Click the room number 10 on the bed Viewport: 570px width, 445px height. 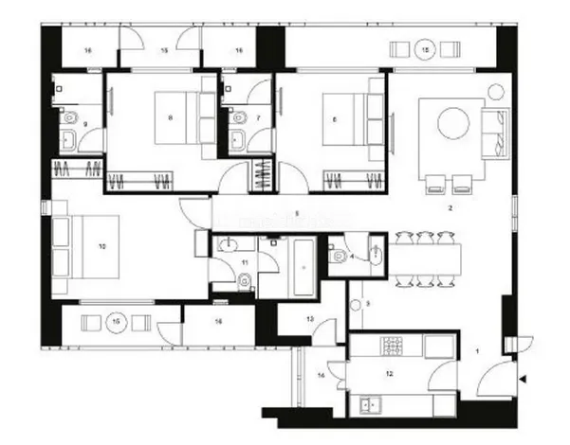tap(101, 246)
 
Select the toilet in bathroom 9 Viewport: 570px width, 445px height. tap(68, 119)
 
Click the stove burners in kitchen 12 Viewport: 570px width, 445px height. tap(395, 346)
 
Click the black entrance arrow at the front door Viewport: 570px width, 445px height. tap(523, 381)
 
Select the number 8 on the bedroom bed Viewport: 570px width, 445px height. tap(170, 117)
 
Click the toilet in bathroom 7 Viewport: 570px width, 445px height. tap(238, 118)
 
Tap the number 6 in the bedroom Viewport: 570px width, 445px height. tap(335, 117)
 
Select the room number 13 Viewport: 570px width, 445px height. tap(310, 319)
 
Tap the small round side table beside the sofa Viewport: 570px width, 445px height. tap(495, 91)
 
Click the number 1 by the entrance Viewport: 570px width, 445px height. tap(478, 351)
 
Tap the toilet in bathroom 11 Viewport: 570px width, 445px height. tap(244, 279)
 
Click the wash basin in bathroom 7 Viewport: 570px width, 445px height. tap(237, 142)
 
